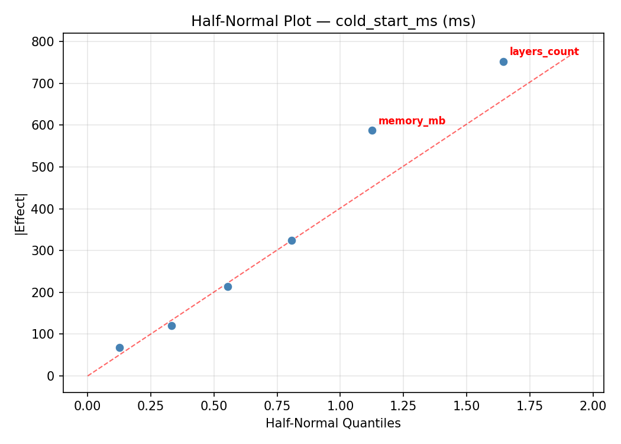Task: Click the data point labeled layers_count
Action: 503,62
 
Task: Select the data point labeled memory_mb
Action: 372,130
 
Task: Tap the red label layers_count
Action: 544,52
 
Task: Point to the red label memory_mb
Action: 412,121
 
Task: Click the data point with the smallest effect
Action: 119,348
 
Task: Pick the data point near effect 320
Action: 292,240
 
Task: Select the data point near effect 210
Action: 228,287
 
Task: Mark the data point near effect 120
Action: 172,326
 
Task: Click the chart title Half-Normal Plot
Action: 333,21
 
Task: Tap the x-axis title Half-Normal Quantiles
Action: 333,423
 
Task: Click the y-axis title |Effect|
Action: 21,214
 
